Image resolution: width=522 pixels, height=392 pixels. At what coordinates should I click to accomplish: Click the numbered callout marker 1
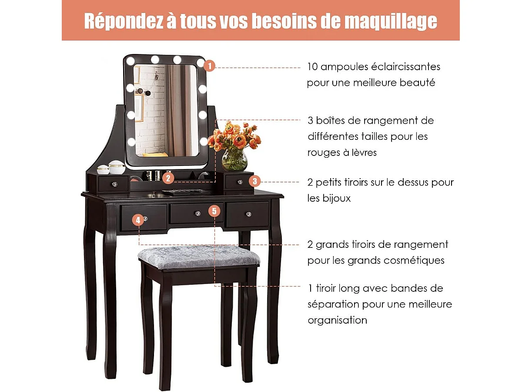coord(209,66)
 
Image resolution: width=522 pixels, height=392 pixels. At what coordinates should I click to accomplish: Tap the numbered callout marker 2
coord(169,178)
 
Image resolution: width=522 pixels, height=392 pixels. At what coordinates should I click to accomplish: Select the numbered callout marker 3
coord(255,181)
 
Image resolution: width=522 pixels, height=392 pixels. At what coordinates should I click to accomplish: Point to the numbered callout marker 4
coord(138,220)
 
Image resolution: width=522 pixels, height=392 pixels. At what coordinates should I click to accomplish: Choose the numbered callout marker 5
coord(214,211)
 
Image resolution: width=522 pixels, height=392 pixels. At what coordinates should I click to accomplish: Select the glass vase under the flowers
coord(234,160)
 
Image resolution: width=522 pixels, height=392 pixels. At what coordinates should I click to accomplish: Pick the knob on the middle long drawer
coord(197,213)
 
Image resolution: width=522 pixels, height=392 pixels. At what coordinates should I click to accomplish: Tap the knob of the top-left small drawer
coord(114,184)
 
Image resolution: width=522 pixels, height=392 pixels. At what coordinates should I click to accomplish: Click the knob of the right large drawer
coord(249,214)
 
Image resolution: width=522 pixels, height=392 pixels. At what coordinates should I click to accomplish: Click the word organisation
coord(338,320)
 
